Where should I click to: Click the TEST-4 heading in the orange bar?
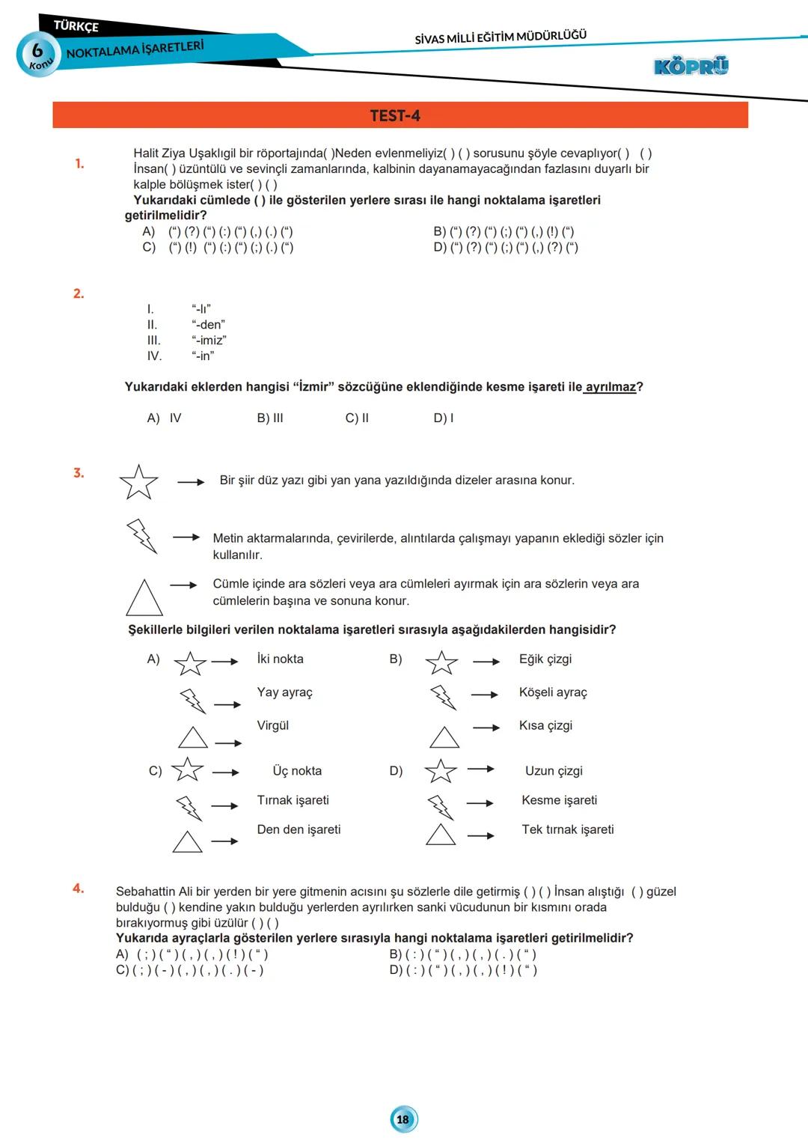pyautogui.click(x=395, y=115)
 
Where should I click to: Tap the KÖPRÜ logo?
pyautogui.click(x=691, y=66)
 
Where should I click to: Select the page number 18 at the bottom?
pyautogui.click(x=403, y=1119)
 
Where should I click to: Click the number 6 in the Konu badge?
pyautogui.click(x=37, y=51)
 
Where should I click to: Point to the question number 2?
pyautogui.click(x=79, y=293)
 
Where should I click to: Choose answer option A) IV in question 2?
pyautogui.click(x=165, y=418)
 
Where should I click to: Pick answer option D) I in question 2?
pyautogui.click(x=444, y=418)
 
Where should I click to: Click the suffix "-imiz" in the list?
pyautogui.click(x=209, y=341)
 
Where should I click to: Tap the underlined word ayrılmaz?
pyautogui.click(x=610, y=387)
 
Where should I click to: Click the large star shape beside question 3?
pyautogui.click(x=139, y=482)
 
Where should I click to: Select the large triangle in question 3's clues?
pyautogui.click(x=144, y=598)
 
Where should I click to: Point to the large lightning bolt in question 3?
pyautogui.click(x=142, y=536)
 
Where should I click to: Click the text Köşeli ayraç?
pyautogui.click(x=553, y=692)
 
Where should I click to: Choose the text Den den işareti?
pyautogui.click(x=299, y=829)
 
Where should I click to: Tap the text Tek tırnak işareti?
pyautogui.click(x=568, y=829)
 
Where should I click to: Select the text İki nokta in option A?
pyautogui.click(x=280, y=659)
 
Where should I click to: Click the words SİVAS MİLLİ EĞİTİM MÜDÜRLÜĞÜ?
pyautogui.click(x=501, y=37)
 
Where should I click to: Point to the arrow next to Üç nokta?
pyautogui.click(x=225, y=772)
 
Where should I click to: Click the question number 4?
pyautogui.click(x=79, y=889)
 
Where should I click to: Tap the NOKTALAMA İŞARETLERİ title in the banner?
pyautogui.click(x=135, y=49)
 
